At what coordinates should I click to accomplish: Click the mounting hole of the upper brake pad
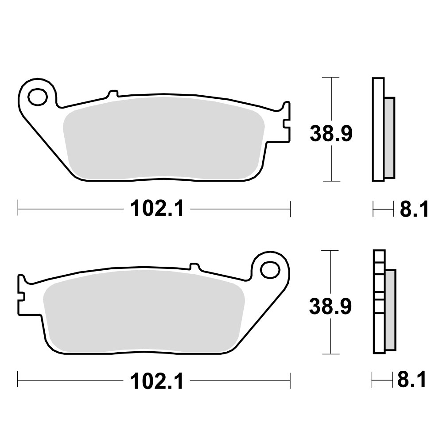pos(37,96)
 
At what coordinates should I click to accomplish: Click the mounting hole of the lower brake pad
pos(269,268)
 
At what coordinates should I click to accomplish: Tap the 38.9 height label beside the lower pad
pos(330,306)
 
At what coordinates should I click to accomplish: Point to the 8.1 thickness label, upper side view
pos(414,209)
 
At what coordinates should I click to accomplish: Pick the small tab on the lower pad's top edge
pos(194,266)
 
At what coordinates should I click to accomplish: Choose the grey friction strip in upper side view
pos(389,137)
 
